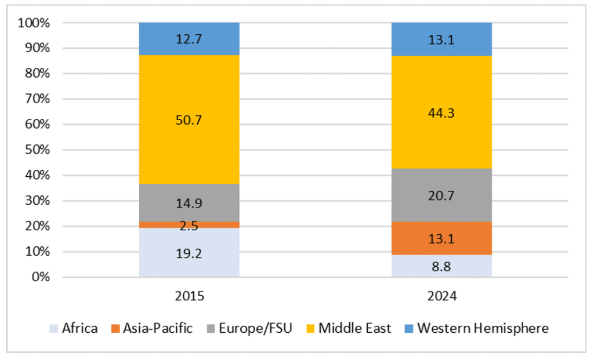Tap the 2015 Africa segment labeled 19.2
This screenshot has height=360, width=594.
coord(189,253)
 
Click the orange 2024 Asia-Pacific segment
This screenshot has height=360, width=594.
coord(441,238)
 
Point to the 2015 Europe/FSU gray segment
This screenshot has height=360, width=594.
coord(189,203)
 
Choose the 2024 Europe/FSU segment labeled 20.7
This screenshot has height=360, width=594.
coord(441,195)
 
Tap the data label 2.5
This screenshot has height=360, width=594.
coord(189,226)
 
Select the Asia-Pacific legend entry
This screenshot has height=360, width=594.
coord(151,329)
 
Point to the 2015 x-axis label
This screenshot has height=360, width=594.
coord(189,296)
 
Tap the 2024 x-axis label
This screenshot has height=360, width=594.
coord(441,296)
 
